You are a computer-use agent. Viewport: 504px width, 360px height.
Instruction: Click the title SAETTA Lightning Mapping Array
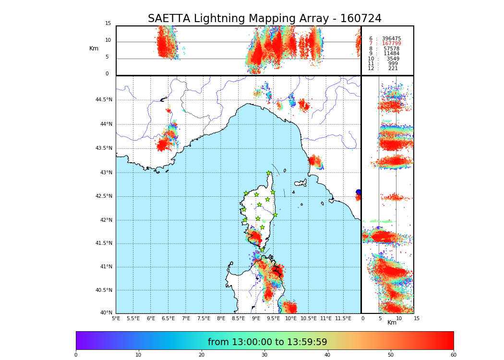(264, 19)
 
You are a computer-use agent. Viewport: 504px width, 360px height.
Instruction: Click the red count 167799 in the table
(391, 44)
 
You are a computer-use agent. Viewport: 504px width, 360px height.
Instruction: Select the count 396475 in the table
(391, 39)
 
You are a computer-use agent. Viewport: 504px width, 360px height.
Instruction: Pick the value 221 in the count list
(393, 69)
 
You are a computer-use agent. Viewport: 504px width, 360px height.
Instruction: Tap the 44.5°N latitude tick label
(104, 100)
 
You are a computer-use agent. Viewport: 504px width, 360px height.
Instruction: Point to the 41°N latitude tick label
(106, 267)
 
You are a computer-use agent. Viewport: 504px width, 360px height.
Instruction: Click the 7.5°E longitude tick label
(204, 318)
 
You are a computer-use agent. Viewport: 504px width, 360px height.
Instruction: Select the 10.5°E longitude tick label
(309, 318)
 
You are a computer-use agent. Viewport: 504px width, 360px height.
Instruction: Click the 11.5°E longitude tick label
(344, 318)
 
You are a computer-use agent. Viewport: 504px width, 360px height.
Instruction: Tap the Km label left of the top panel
(94, 48)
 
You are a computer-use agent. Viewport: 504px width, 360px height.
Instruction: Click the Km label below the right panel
(392, 323)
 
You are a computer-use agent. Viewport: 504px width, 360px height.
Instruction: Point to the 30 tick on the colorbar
(264, 355)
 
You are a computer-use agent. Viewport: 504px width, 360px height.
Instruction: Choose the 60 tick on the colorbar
(453, 355)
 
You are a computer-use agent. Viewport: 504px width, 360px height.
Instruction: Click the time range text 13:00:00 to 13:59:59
(267, 342)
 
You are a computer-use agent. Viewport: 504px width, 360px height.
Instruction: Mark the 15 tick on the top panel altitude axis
(108, 24)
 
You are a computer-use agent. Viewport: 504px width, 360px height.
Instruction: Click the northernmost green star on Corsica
(269, 173)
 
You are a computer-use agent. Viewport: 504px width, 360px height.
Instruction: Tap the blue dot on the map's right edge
(358, 192)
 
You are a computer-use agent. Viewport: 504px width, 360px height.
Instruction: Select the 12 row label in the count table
(371, 69)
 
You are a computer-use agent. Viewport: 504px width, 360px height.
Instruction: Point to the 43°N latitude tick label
(106, 173)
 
